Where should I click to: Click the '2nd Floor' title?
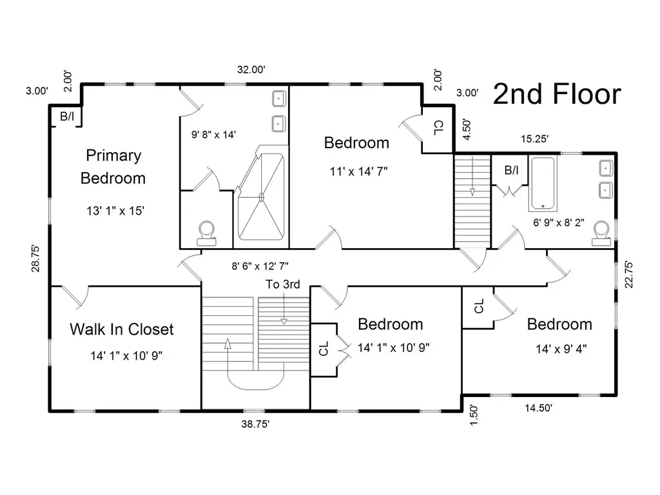(556, 94)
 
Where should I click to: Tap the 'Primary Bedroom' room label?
(113, 167)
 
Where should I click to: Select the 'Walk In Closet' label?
(122, 329)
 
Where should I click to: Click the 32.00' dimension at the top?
(251, 70)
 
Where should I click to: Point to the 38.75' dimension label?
(255, 424)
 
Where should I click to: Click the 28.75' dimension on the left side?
(36, 258)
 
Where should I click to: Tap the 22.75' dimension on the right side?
(629, 275)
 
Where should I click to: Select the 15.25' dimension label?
(534, 139)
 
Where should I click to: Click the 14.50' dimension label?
(538, 408)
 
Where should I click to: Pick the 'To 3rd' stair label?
(283, 284)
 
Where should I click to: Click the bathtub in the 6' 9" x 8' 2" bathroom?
(543, 184)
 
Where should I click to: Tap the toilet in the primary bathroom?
(206, 233)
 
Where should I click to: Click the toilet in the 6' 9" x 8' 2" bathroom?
(601, 233)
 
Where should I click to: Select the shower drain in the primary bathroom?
(261, 197)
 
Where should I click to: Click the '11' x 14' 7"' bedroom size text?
(358, 171)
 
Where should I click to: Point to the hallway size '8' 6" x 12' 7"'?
(260, 266)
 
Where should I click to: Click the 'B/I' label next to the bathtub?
(511, 170)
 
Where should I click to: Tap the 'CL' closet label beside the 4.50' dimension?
(438, 128)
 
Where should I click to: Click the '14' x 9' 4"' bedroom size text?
(561, 349)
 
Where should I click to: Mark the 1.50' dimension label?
(474, 415)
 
